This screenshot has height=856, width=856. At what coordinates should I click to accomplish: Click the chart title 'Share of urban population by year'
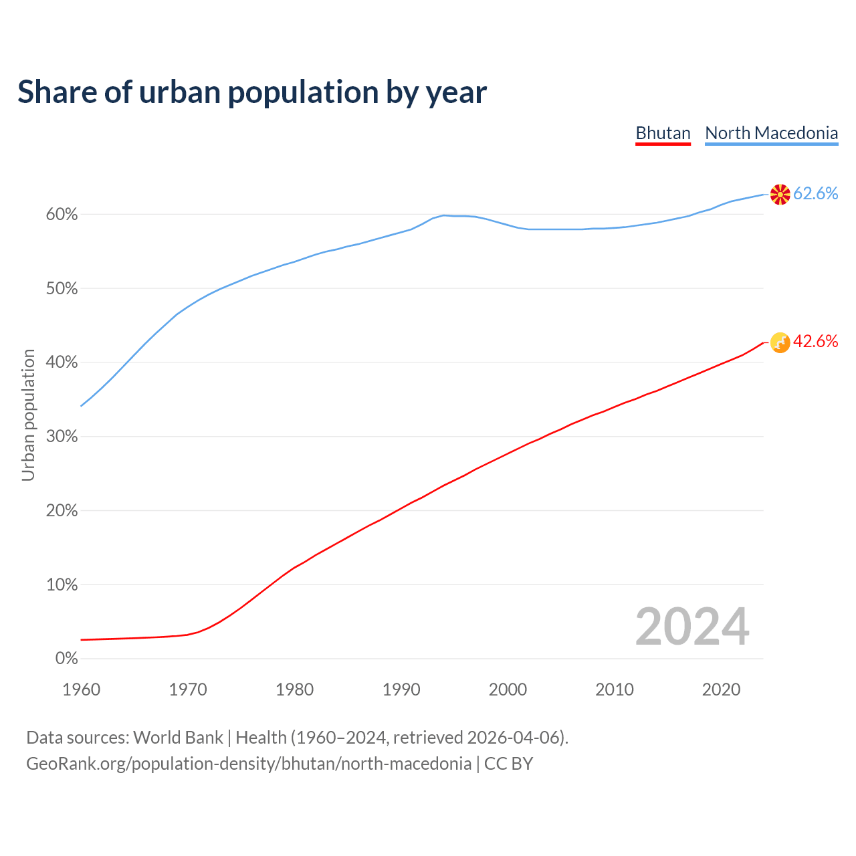(x=252, y=92)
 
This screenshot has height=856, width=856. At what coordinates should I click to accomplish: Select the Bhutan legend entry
(x=663, y=133)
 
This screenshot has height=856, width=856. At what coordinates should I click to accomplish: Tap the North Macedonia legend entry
(x=771, y=133)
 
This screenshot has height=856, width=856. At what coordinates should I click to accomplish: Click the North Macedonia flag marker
(x=780, y=195)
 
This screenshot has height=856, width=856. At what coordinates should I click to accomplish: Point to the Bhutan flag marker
(x=780, y=342)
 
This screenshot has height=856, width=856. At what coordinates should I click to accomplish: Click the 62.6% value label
(x=815, y=194)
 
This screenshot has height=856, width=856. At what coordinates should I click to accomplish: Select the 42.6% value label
(x=815, y=342)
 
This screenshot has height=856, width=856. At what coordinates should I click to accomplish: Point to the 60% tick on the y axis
(x=62, y=215)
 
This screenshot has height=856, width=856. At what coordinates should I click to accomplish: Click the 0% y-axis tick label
(x=66, y=659)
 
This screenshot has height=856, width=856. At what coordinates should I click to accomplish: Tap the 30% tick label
(x=62, y=437)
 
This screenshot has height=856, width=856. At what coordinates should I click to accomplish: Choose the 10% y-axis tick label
(x=62, y=585)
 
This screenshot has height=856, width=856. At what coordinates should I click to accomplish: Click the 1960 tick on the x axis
(x=81, y=689)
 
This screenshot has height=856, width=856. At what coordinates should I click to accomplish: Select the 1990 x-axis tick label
(x=401, y=689)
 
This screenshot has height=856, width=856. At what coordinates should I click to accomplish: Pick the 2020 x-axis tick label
(x=721, y=689)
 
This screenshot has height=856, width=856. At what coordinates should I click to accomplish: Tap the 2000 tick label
(x=508, y=689)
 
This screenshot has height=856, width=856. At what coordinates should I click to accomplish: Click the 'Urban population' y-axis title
(x=28, y=415)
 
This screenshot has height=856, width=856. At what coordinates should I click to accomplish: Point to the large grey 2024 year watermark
(x=692, y=627)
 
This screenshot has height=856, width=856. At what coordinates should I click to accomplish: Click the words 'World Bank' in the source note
(x=178, y=738)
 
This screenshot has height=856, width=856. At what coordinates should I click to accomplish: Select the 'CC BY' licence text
(x=508, y=764)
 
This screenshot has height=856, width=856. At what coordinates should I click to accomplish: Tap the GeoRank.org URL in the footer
(x=249, y=764)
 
